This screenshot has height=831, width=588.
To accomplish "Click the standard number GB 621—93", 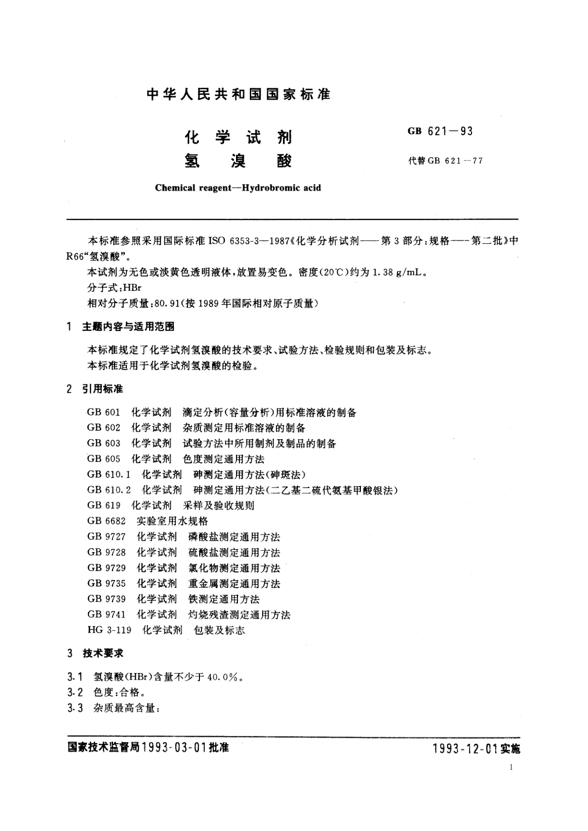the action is pyautogui.click(x=440, y=131).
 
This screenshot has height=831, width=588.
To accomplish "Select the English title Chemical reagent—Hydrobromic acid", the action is pyautogui.click(x=238, y=188).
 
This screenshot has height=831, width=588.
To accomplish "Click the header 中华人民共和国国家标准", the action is pyautogui.click(x=238, y=94).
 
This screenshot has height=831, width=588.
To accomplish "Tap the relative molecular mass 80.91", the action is pyautogui.click(x=167, y=304).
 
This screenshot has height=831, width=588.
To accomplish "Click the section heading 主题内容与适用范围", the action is pyautogui.click(x=128, y=327).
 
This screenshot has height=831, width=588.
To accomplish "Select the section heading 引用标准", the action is pyautogui.click(x=103, y=389).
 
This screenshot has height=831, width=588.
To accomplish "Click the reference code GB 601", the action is pyautogui.click(x=104, y=413).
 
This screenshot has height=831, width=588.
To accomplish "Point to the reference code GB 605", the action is pyautogui.click(x=104, y=459).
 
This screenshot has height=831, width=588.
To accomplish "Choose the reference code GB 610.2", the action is pyautogui.click(x=109, y=490).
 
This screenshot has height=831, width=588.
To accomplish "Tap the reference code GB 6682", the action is pyautogui.click(x=106, y=521).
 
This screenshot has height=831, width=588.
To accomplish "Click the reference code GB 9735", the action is pyautogui.click(x=106, y=583).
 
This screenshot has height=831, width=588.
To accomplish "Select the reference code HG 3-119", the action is pyautogui.click(x=110, y=630).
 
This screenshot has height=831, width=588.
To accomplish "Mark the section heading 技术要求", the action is pyautogui.click(x=103, y=653).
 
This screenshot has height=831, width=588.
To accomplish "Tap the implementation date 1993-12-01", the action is pyautogui.click(x=464, y=749).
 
